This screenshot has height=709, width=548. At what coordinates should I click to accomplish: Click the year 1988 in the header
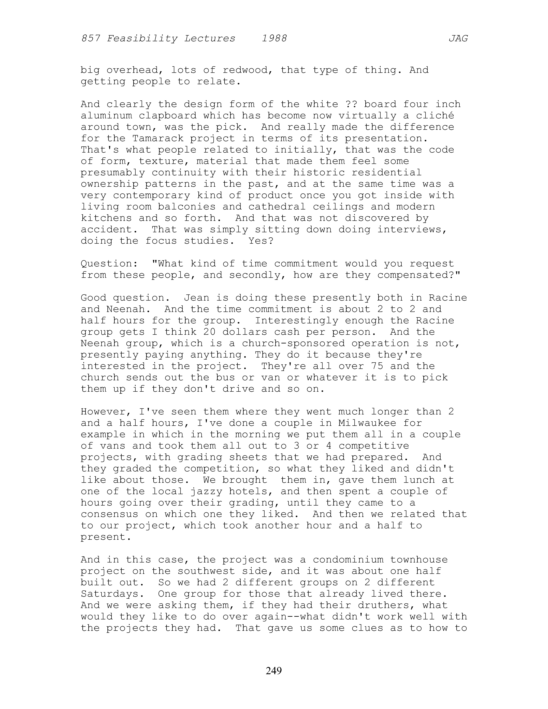[x=274, y=39]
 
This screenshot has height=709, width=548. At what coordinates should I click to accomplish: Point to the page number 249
[x=274, y=670]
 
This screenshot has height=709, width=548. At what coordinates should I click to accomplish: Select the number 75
[x=377, y=366]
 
